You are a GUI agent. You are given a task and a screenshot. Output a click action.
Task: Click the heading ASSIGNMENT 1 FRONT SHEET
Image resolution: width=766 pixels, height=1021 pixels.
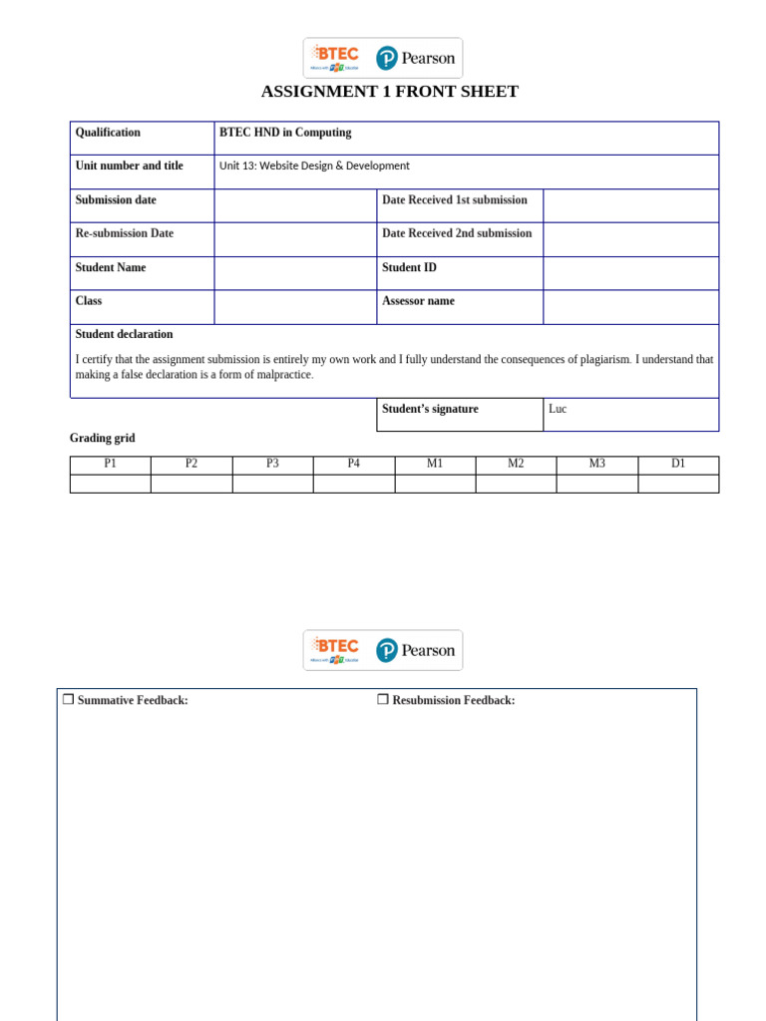389,92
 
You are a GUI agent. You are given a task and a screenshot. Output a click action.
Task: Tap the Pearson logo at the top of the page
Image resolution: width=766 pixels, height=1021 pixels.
415,58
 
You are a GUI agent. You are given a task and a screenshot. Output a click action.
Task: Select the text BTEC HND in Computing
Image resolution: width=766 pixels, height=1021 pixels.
285,133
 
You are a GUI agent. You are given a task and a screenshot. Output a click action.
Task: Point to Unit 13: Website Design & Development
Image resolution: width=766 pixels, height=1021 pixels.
314,167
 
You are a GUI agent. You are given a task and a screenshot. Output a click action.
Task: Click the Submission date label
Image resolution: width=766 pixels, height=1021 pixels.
116,200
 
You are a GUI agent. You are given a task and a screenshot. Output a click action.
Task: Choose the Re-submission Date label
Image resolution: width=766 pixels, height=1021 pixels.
124,234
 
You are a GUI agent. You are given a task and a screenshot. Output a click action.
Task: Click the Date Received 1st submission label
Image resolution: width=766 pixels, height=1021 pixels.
454,200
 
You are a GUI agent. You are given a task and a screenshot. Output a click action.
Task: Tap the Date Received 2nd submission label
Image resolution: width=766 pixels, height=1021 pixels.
457,234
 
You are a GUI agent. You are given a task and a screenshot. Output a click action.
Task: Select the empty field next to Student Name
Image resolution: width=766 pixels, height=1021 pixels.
295,273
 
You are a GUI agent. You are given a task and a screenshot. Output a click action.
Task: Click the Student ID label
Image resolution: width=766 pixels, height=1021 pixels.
409,268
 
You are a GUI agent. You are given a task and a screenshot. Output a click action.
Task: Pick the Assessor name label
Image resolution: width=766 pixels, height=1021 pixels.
418,301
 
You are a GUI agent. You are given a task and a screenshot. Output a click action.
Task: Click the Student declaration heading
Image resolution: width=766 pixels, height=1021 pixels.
124,335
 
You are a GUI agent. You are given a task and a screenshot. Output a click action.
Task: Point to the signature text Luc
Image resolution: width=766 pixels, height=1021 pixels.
558,409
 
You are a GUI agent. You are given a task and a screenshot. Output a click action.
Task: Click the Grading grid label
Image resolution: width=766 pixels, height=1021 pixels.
102,439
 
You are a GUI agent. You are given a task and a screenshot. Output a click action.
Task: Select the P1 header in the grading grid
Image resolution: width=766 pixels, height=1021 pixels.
110,465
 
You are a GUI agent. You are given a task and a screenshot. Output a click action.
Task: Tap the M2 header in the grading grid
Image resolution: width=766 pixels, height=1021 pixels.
516,465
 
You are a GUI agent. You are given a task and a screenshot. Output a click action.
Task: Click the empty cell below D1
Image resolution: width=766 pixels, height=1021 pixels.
678,484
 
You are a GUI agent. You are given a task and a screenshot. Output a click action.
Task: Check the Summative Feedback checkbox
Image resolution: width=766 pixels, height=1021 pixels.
68,700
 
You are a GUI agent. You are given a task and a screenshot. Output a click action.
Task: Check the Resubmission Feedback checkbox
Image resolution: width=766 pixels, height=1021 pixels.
383,700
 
